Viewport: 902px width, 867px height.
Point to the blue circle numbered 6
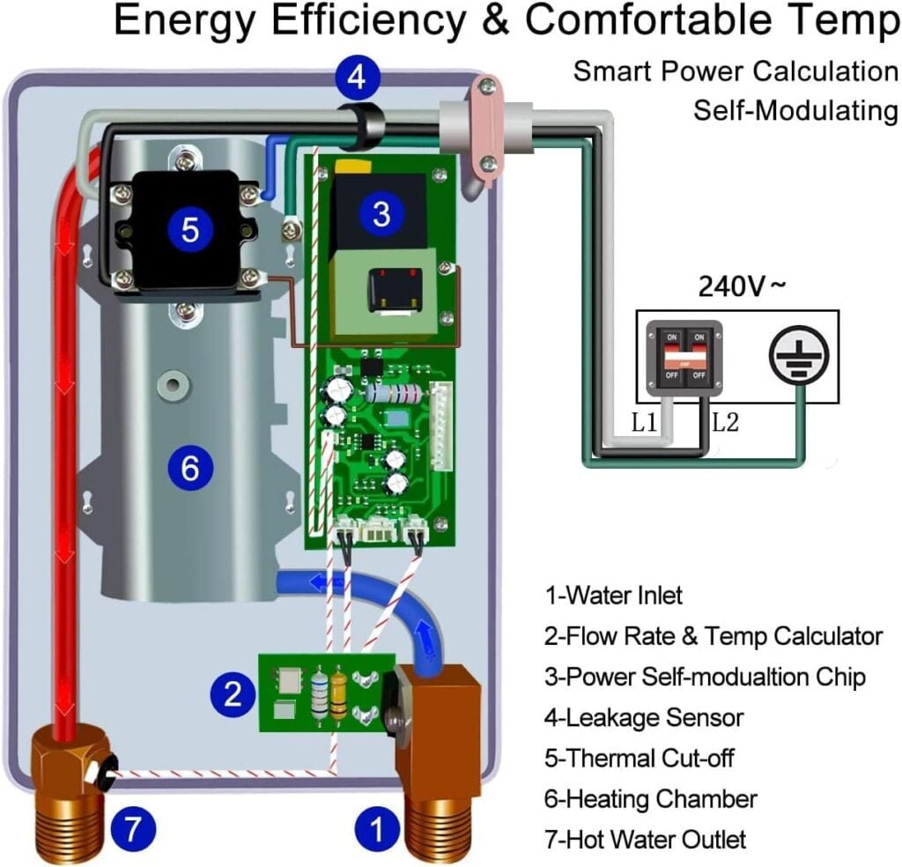[190, 469]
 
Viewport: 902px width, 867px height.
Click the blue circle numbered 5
[190, 231]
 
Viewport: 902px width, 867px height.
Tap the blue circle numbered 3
[381, 213]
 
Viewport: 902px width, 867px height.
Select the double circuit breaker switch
[685, 357]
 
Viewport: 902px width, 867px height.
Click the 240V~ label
[738, 286]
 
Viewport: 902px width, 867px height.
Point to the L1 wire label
[644, 423]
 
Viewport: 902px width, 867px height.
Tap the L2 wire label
[725, 423]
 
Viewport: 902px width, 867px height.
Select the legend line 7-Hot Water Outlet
[645, 839]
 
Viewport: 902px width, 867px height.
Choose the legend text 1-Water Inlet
[613, 596]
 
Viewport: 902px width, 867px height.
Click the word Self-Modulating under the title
[795, 110]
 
